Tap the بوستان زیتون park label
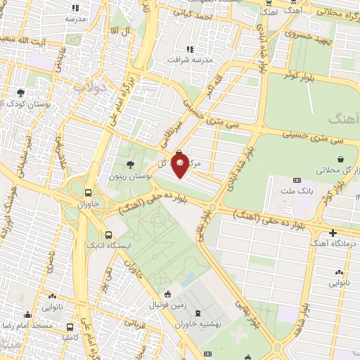click(x=127, y=176)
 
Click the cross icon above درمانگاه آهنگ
click(x=333, y=233)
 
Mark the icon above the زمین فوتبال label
click(x=167, y=295)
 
